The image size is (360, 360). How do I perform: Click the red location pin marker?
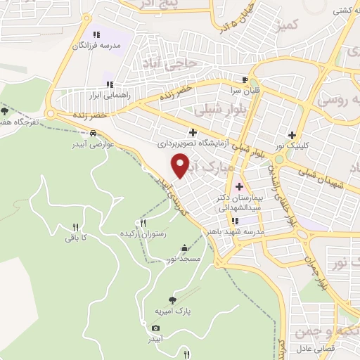pos(181,165)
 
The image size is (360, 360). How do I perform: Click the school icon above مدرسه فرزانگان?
pos(96,34)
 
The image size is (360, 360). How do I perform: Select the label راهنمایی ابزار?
pos(105,93)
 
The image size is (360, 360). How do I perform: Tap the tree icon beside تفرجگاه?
pos(6,110)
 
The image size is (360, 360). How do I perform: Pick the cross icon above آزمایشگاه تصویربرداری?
pos(193,131)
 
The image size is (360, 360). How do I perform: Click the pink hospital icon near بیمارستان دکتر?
pos(239,186)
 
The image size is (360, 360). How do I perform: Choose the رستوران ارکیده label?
pos(143,233)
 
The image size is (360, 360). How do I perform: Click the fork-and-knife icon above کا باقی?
pos(76,227)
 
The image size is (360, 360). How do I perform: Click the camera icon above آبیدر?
pos(155,328)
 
